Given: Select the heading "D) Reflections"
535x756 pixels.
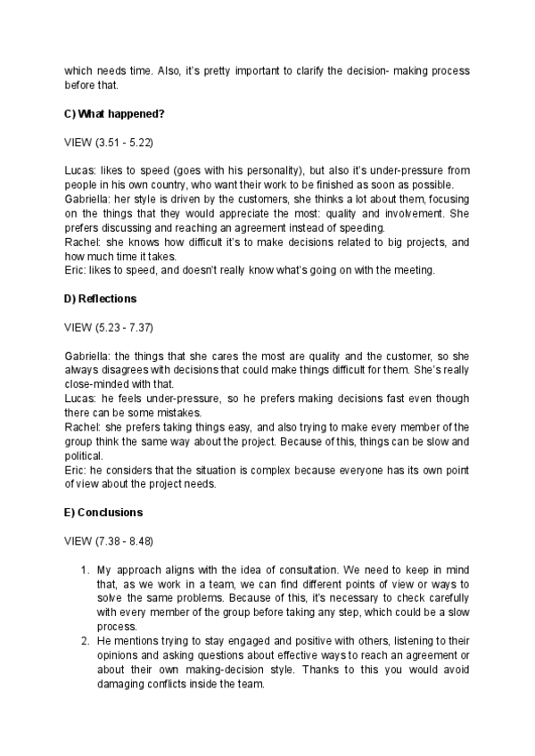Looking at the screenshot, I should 101,297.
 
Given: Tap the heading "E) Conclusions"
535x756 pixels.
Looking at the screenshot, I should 104,513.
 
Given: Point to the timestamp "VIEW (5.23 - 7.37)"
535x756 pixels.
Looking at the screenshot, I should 104,325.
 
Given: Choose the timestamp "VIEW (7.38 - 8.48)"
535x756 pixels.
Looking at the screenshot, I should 104,541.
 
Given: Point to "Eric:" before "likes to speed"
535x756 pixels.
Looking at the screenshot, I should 78,270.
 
